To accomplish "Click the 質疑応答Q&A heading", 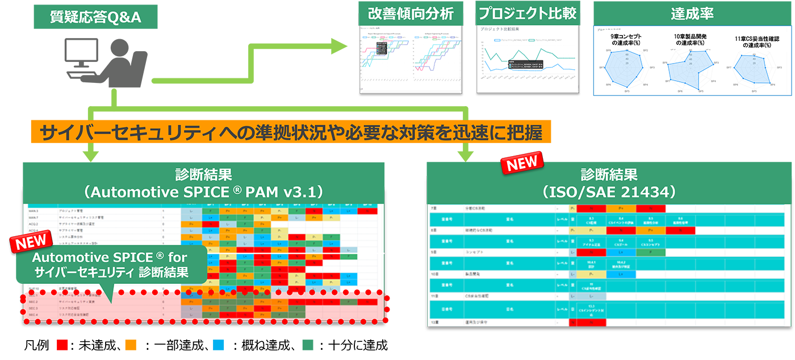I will click(95, 18).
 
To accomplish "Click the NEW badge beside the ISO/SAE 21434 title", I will click(521, 161).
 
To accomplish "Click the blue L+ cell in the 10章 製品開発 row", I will click(621, 274).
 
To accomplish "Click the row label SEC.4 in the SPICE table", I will click(34, 314).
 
